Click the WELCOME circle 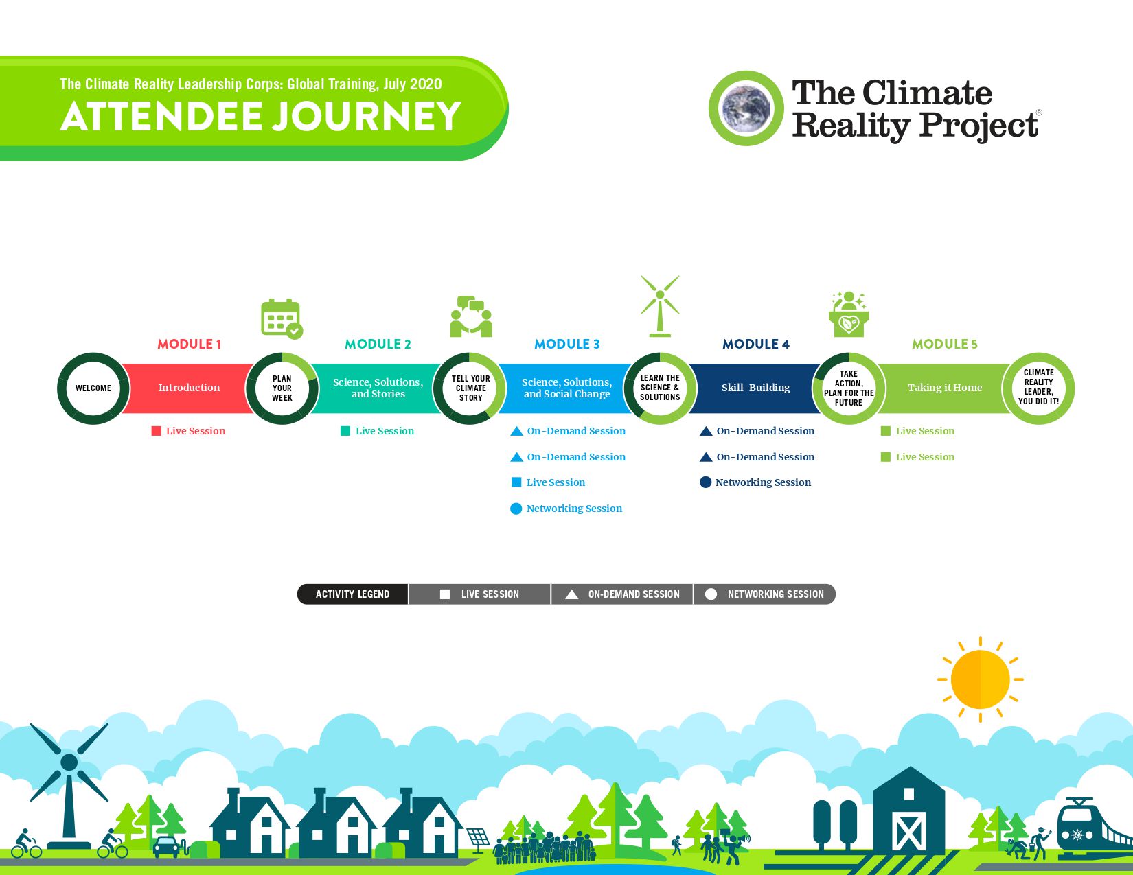93,388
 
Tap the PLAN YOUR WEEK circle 282,388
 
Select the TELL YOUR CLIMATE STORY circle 471,388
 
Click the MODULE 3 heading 566,344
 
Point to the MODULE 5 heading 944,344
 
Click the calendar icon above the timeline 282,318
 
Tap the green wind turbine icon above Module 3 660,306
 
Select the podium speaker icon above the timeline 849,314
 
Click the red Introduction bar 189,388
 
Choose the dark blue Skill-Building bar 755,388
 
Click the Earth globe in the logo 746,108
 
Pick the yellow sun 981,679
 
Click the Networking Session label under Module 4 763,482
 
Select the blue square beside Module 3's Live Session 516,482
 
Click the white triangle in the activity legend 571,594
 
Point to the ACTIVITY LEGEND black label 352,594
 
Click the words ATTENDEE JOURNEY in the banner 261,116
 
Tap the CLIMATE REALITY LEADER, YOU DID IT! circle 1038,388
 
